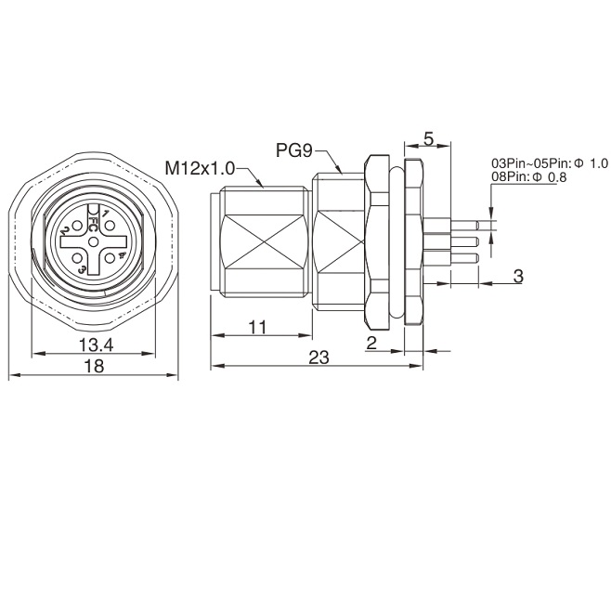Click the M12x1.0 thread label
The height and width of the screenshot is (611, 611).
(200, 168)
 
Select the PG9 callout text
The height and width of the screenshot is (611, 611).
(294, 150)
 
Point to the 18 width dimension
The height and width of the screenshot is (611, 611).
(95, 366)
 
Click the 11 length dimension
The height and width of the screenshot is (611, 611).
(257, 327)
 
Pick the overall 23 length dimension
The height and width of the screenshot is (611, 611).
(318, 357)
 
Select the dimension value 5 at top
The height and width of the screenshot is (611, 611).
(428, 139)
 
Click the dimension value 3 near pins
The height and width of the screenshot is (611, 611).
(518, 276)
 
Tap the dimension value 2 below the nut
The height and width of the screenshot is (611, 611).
(371, 343)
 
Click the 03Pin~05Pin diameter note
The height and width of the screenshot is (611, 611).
(550, 163)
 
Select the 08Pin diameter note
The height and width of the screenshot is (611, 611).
(528, 177)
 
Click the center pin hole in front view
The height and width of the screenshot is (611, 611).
(94, 242)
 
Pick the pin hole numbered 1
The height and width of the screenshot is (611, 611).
(110, 226)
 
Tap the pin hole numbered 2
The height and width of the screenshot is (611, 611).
(77, 226)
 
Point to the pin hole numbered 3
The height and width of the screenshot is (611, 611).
(77, 258)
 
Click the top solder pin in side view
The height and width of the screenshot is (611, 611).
(464, 226)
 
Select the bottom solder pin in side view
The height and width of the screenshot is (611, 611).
(464, 257)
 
